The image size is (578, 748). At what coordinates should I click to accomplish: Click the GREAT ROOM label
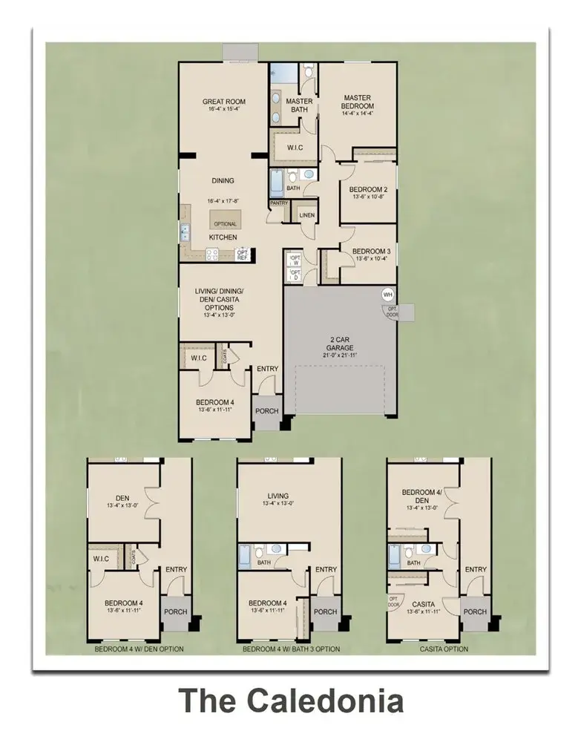click(223, 102)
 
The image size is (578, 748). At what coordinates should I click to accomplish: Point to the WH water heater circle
click(387, 294)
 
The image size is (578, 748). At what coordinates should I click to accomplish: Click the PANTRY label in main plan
click(279, 203)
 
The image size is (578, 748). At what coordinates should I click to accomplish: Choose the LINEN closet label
click(307, 215)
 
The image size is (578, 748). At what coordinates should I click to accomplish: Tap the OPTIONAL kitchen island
click(225, 223)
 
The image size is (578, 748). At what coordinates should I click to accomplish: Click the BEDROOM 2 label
click(369, 188)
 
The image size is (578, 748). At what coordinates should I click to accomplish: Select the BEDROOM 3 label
click(371, 251)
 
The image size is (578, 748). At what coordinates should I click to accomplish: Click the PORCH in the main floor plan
click(266, 410)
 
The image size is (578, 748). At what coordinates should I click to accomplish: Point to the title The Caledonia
click(292, 701)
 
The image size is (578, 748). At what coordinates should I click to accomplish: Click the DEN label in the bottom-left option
click(122, 498)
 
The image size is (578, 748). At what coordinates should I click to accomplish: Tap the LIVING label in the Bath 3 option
click(278, 496)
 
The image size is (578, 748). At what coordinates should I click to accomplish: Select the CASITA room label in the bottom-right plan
click(423, 604)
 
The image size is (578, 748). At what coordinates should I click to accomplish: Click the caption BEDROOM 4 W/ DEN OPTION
click(139, 649)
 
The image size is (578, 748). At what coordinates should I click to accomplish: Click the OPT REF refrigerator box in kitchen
click(242, 255)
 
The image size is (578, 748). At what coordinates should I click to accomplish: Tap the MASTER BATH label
click(299, 105)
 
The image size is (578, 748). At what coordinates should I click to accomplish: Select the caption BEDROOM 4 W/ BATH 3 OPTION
click(291, 649)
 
